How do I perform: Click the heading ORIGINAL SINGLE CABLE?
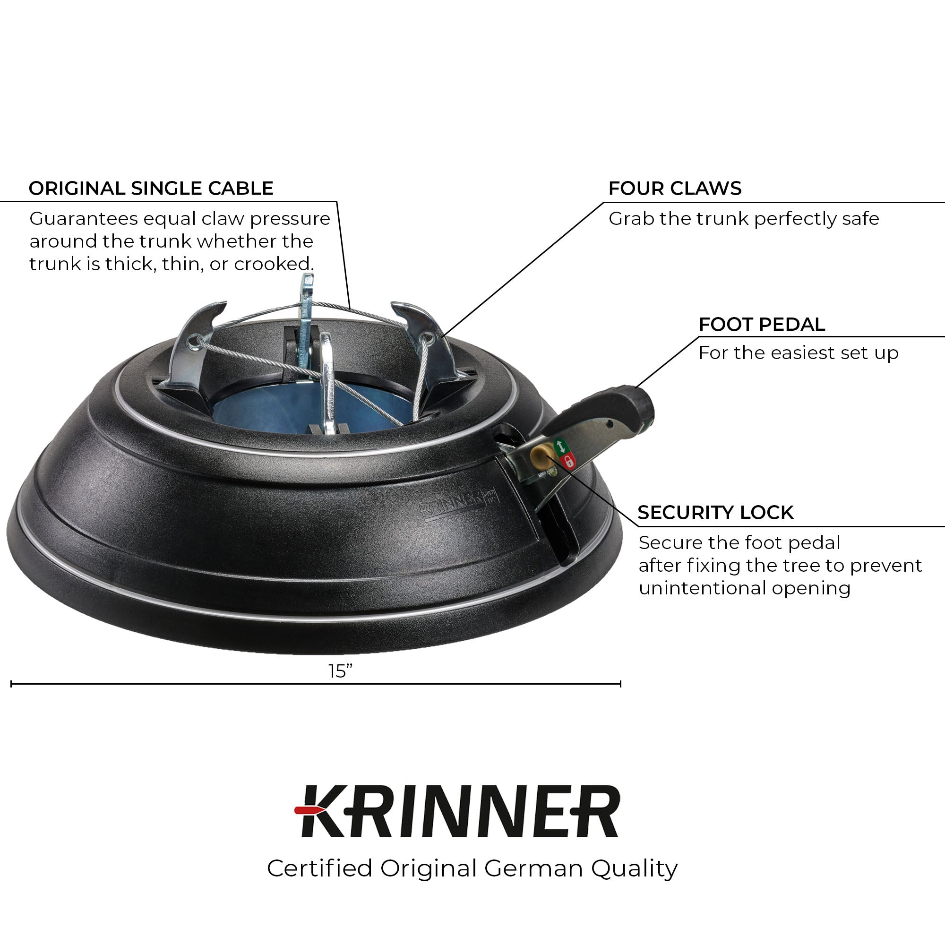[x=151, y=189]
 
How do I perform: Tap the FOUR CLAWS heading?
[x=675, y=189]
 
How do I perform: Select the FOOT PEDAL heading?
[x=762, y=324]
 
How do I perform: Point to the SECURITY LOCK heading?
[x=715, y=512]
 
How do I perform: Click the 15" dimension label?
[x=340, y=671]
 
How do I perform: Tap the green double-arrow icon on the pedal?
[x=560, y=446]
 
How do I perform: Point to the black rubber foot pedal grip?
[x=609, y=408]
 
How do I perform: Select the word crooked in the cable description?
[x=274, y=264]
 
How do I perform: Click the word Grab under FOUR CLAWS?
[x=631, y=219]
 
